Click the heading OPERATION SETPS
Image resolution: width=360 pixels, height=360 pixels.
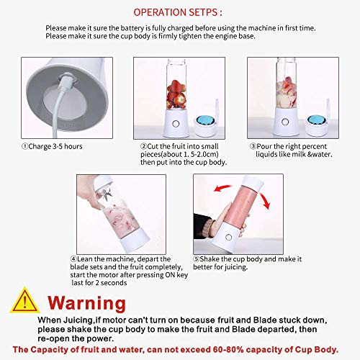click(178, 12)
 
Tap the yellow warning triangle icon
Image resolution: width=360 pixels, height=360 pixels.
click(24, 301)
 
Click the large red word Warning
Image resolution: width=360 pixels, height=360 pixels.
click(86, 303)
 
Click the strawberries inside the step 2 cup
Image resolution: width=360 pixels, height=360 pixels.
click(176, 94)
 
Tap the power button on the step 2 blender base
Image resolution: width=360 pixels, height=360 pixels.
click(176, 124)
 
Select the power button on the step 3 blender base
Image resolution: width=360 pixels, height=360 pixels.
click(285, 122)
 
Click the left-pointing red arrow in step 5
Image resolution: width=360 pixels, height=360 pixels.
click(222, 188)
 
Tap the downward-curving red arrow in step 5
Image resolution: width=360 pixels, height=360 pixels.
click(265, 200)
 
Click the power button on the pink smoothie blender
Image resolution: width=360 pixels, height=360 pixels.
click(229, 238)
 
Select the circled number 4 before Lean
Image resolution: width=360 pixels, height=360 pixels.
click(73, 259)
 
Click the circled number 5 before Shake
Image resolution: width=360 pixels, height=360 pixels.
click(197, 259)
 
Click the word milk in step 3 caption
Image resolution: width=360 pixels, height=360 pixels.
click(297, 154)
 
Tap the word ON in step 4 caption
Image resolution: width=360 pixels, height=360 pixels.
click(170, 275)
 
